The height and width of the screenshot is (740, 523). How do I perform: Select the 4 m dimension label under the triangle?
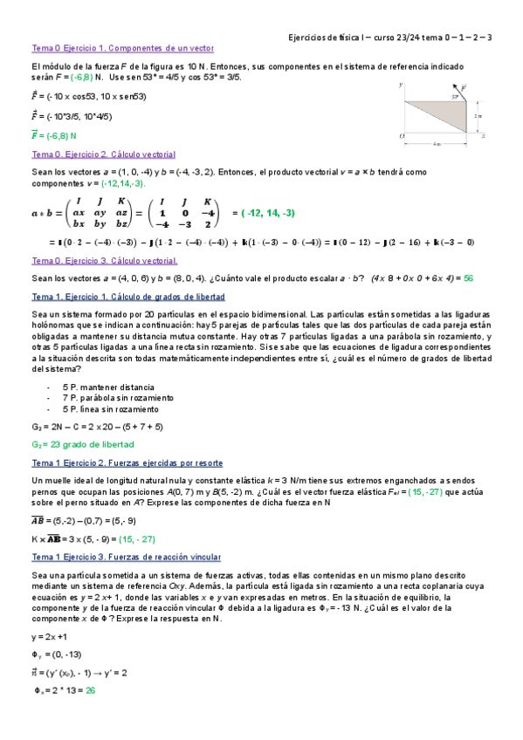click(x=436, y=143)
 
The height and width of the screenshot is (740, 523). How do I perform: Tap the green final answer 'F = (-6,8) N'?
click(x=54, y=135)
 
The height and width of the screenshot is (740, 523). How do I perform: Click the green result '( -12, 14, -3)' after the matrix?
click(x=267, y=212)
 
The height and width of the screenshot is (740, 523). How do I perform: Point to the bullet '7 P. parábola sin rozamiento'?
click(x=117, y=397)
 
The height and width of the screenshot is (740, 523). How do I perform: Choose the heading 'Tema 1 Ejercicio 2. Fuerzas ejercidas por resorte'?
click(x=127, y=462)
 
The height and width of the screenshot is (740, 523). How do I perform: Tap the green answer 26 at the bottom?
click(x=90, y=689)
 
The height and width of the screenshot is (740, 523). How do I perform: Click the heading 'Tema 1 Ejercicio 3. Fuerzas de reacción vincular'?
click(x=126, y=556)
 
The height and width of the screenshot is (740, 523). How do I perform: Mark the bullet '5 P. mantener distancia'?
click(x=108, y=386)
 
